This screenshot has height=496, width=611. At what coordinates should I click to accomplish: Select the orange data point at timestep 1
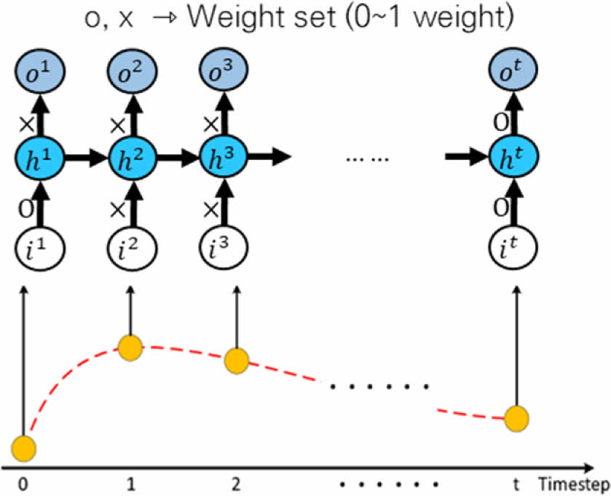pos(130,348)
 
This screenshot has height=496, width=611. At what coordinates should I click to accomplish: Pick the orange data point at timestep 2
pos(237,359)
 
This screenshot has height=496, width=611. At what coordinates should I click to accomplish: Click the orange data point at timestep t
pos(517,418)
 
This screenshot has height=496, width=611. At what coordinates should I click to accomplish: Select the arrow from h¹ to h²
pos(87,157)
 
